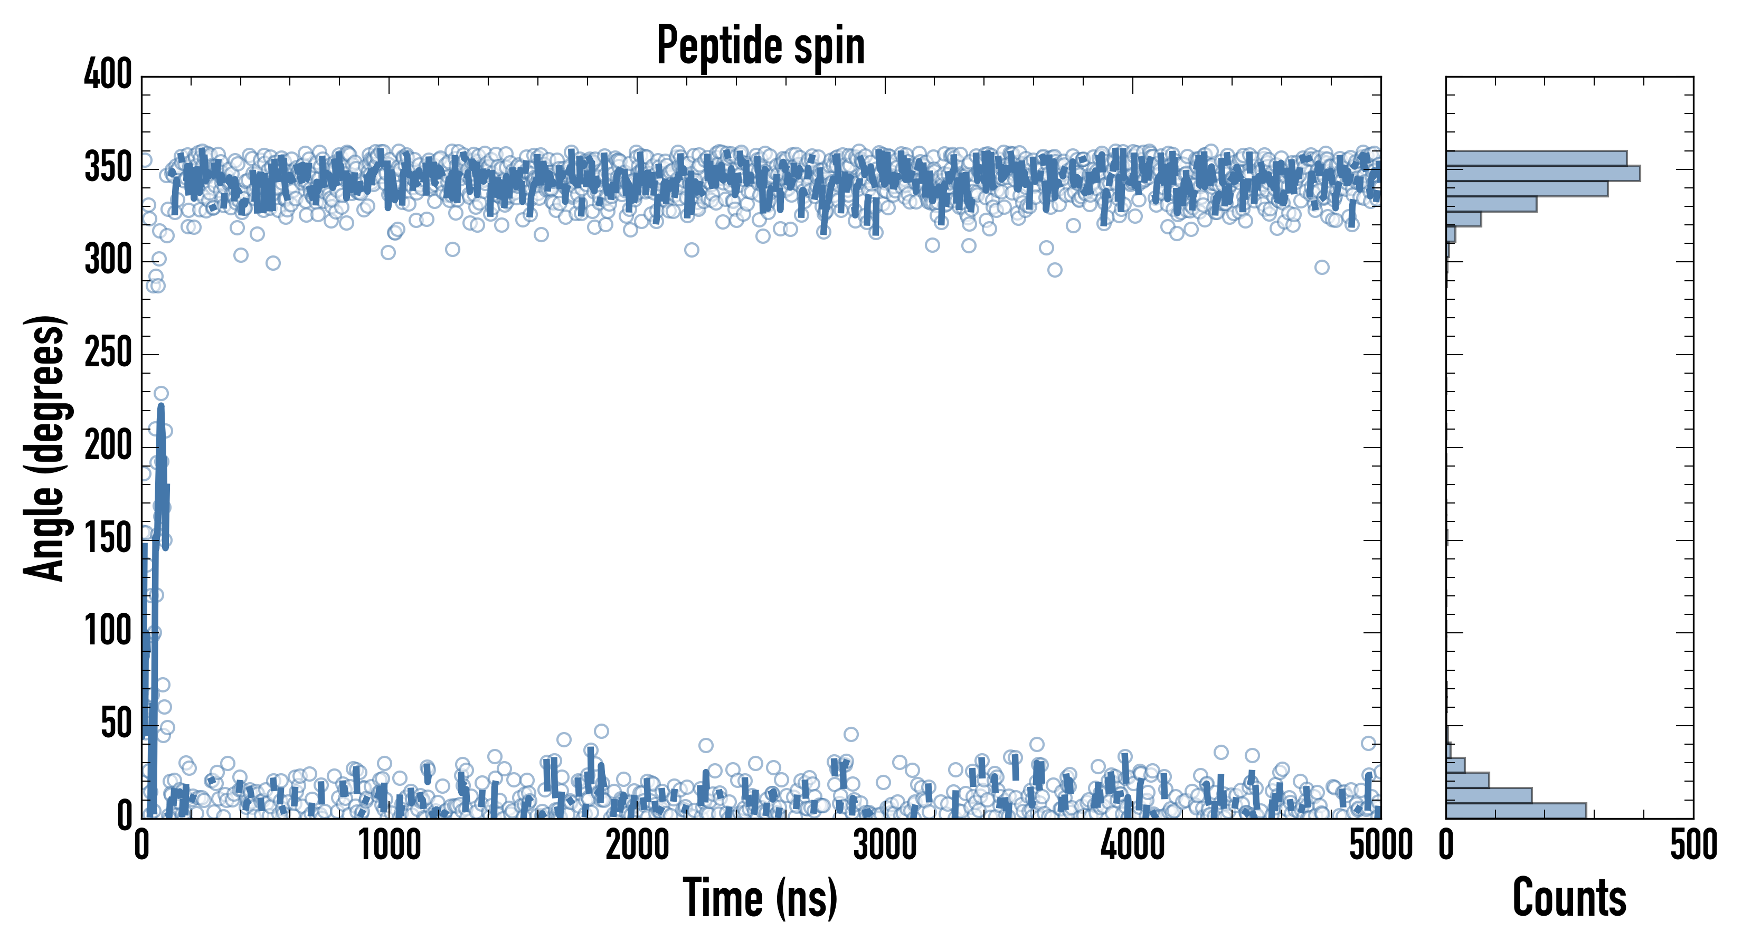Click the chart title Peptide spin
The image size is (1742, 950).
(x=761, y=46)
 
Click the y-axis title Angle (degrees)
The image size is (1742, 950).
(x=45, y=448)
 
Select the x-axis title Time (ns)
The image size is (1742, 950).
(x=761, y=898)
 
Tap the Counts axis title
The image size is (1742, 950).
(x=1569, y=898)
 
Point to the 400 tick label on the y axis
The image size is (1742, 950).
(x=108, y=74)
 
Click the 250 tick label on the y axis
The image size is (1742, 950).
(x=108, y=354)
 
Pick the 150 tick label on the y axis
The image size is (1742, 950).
(x=108, y=539)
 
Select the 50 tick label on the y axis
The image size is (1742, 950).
(x=116, y=725)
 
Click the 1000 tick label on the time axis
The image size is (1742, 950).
(x=390, y=845)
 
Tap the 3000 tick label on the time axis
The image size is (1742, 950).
(x=885, y=845)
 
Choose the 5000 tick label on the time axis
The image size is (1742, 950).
(x=1380, y=845)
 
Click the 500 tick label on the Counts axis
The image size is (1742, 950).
(x=1693, y=845)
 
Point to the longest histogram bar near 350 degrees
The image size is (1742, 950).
(x=1542, y=174)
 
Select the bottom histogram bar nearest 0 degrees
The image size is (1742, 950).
(x=1516, y=811)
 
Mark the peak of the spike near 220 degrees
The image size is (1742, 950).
(x=161, y=407)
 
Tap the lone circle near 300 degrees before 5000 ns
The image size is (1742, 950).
(x=1321, y=267)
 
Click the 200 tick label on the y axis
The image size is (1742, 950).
(x=108, y=446)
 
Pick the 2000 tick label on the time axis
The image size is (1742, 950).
(x=637, y=845)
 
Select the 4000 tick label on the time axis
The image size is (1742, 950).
(x=1133, y=845)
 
